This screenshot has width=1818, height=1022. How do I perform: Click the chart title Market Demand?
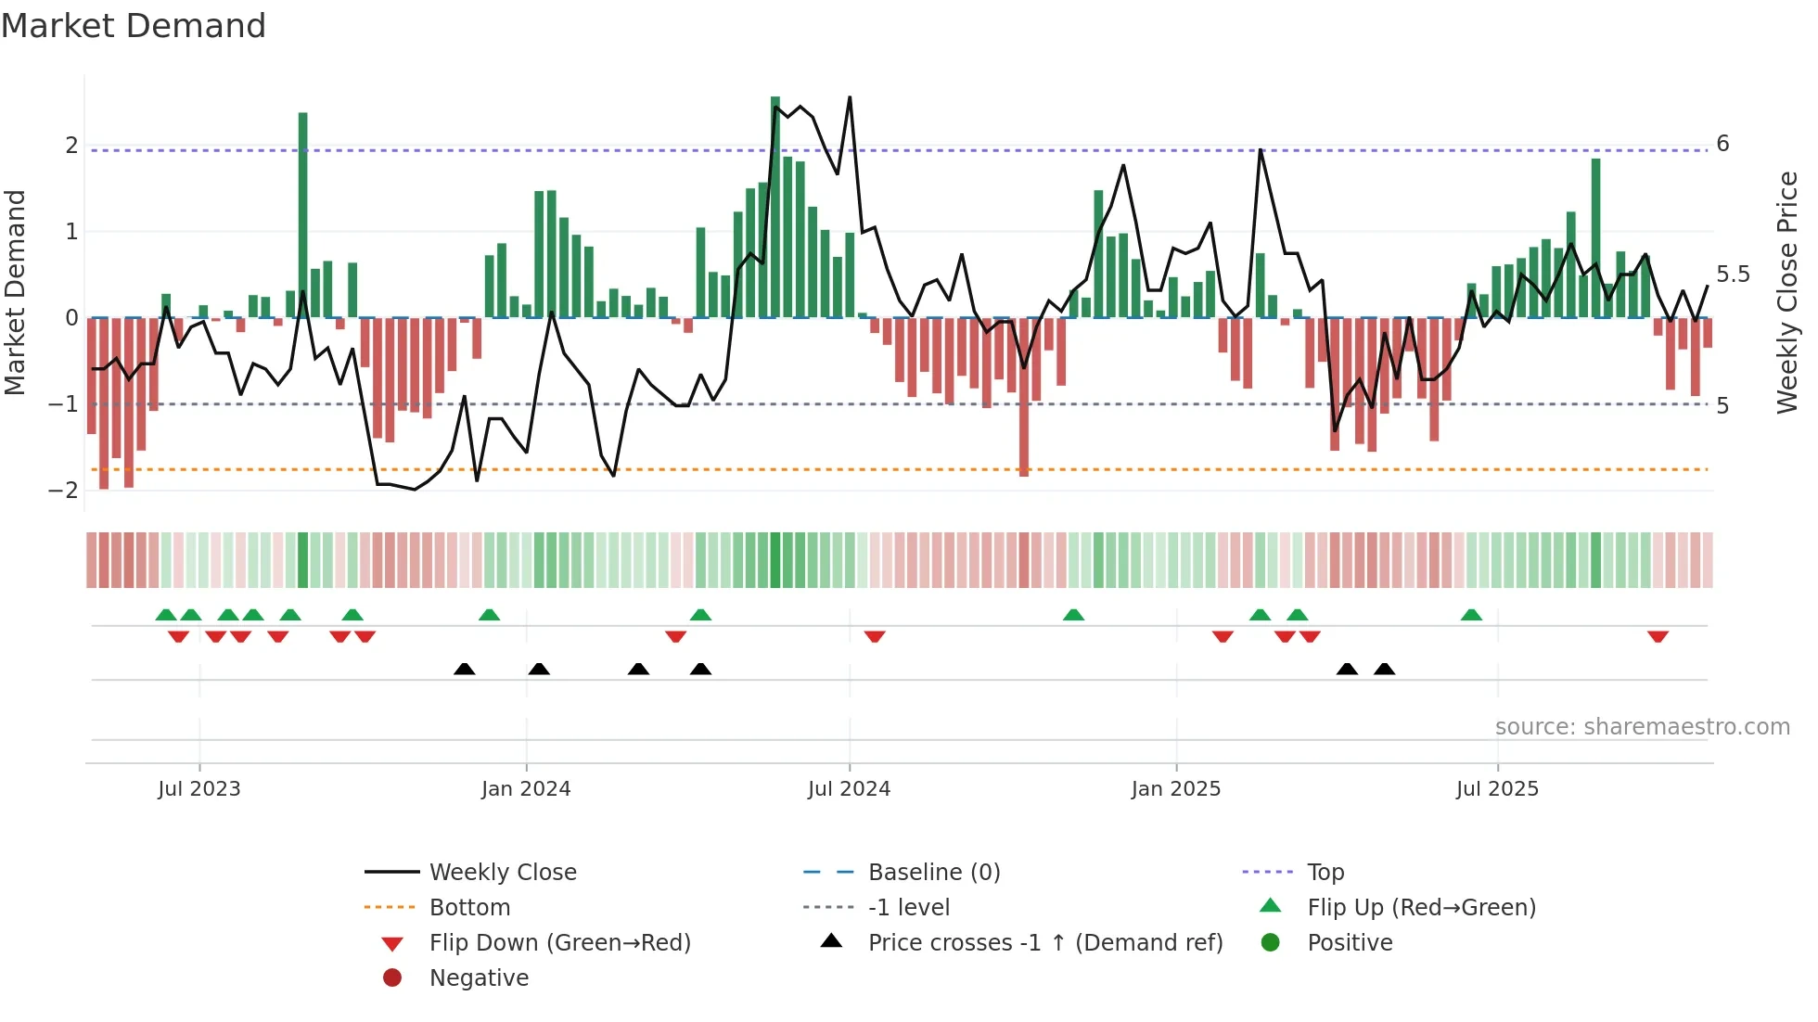click(134, 25)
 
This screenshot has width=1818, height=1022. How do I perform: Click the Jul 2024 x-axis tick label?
click(849, 789)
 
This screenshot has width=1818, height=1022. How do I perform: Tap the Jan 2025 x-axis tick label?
click(1175, 789)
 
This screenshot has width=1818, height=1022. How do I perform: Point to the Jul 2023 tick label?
click(198, 789)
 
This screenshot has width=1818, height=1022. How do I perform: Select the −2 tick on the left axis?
click(64, 491)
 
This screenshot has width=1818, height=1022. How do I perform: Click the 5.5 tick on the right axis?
click(1732, 275)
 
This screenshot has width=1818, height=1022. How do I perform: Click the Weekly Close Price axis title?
click(1786, 292)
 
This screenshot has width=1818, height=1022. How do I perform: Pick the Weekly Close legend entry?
click(502, 873)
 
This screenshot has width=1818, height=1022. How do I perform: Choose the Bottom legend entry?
click(469, 908)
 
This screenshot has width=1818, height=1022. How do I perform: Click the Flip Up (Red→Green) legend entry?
click(1421, 908)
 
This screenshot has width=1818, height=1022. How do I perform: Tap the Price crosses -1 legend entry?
click(1044, 943)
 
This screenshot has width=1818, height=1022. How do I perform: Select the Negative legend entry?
click(479, 978)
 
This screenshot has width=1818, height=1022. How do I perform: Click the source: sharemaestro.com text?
click(1642, 727)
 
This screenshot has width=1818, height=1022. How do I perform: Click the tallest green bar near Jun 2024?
click(775, 208)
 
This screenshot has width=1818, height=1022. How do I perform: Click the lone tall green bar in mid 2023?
click(303, 215)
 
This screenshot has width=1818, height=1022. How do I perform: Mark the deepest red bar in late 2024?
click(1023, 397)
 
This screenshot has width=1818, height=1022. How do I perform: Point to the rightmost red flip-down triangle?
click(1658, 636)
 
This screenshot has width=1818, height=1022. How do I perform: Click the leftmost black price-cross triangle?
click(465, 669)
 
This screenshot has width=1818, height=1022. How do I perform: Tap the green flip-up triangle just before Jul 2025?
click(1471, 615)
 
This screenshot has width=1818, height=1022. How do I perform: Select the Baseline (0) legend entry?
click(933, 873)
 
